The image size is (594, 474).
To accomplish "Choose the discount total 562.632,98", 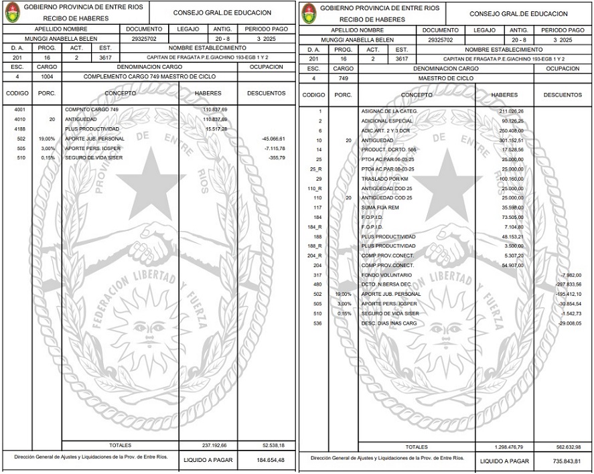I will [x=568, y=447].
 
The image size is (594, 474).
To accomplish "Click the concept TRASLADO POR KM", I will [x=385, y=179].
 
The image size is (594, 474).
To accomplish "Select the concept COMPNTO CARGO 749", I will [x=92, y=108].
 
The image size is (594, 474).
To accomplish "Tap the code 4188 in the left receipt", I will [x=19, y=128].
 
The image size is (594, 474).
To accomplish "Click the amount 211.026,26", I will [x=510, y=110].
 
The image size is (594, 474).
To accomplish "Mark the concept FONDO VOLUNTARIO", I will [x=386, y=275].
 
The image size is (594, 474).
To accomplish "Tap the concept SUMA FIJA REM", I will [x=381, y=208].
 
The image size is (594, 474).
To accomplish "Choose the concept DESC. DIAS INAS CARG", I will [x=391, y=323].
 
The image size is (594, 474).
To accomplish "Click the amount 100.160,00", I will [x=510, y=179].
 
